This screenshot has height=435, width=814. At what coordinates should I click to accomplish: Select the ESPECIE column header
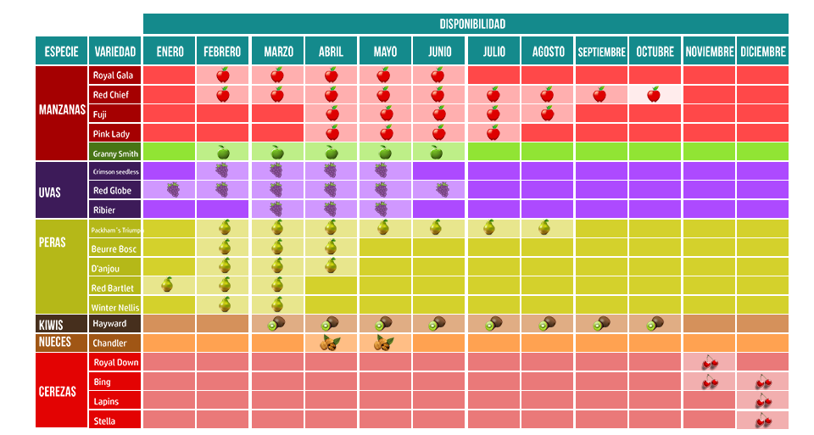61,52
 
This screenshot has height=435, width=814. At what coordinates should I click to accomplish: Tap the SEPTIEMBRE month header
601,52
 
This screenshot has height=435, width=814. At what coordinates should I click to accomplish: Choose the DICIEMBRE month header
762,52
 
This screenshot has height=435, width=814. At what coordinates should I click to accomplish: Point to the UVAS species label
50,192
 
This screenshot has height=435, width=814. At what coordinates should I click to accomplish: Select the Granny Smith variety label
115,153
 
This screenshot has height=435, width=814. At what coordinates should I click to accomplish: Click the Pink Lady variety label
111,134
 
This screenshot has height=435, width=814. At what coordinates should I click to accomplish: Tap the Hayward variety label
110,323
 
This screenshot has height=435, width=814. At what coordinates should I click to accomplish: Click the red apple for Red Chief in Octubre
654,94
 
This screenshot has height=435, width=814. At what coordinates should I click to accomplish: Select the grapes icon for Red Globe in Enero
173,189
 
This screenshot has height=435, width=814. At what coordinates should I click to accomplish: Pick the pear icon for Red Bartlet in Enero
168,284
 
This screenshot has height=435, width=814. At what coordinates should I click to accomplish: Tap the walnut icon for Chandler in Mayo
383,343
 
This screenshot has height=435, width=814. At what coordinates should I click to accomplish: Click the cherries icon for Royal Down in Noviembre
710,362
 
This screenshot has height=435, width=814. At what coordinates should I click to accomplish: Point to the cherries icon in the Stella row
763,421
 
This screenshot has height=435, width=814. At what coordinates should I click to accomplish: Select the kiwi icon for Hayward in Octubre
655,323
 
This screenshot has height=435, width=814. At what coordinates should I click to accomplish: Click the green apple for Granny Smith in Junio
438,153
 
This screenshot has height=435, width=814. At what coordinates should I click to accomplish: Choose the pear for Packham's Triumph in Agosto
544,227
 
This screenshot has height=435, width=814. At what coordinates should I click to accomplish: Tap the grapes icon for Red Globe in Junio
443,189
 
